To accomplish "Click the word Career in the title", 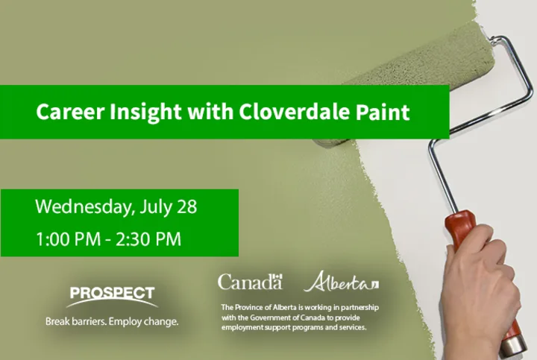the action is [x=70, y=112].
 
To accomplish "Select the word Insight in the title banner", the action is [x=145, y=113].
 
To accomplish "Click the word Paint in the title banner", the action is [x=383, y=112].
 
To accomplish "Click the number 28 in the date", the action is [x=187, y=206].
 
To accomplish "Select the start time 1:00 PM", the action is [x=68, y=239].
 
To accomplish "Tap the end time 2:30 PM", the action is [x=148, y=239].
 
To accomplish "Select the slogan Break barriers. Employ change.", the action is [x=112, y=322].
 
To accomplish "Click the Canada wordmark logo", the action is [x=250, y=282].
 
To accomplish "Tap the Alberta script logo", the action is [x=341, y=282].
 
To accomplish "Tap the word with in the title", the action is [x=210, y=112].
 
